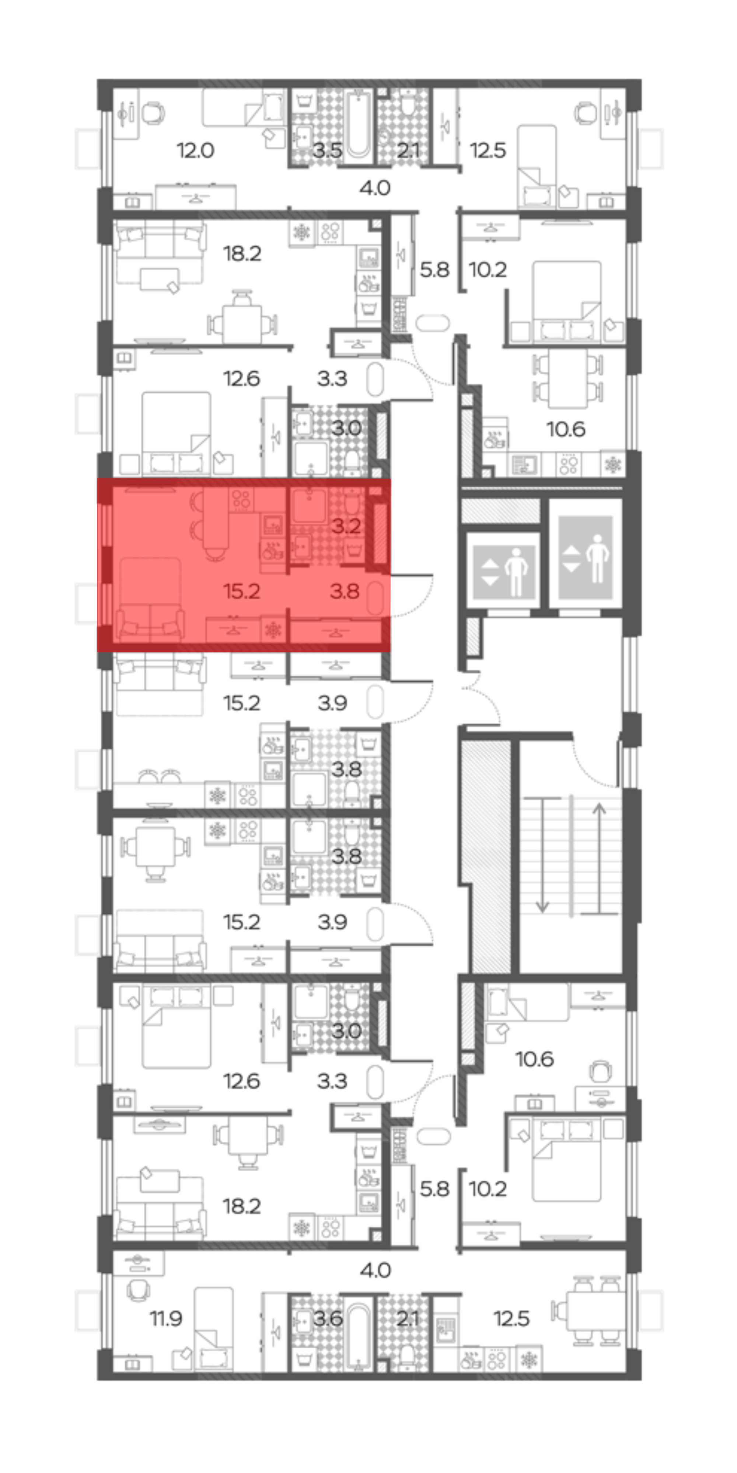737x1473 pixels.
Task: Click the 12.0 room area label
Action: [195, 151]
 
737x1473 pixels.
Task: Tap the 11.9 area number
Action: [166, 1318]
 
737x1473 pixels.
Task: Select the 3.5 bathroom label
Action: [327, 151]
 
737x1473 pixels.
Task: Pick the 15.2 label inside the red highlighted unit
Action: [242, 591]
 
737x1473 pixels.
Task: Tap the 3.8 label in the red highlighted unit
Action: [345, 591]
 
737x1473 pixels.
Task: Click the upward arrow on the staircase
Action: [599, 858]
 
